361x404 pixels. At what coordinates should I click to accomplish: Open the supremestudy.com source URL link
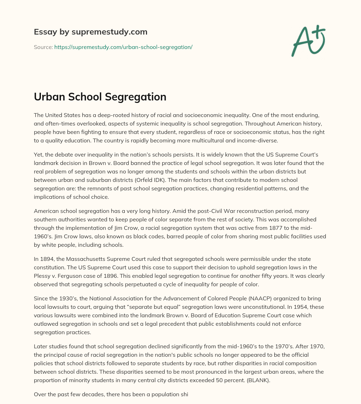click(123, 47)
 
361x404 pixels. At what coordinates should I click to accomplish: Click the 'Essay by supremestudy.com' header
click(91, 32)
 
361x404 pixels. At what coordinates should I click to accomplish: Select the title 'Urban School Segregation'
click(100, 97)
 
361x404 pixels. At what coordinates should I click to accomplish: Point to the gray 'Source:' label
click(43, 47)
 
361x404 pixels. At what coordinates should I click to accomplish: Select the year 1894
click(47, 259)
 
